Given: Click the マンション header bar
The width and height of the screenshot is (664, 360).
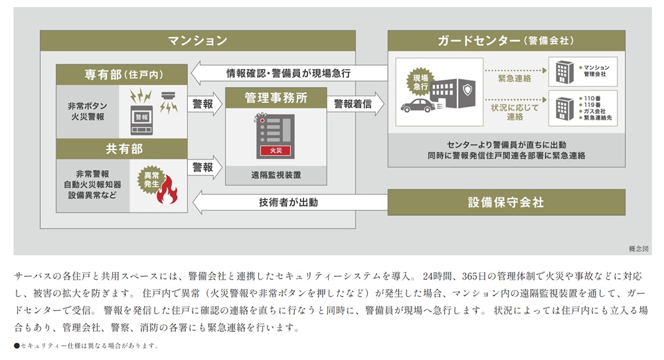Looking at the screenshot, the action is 198,41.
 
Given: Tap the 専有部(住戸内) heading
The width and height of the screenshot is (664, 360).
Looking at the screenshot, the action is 124,74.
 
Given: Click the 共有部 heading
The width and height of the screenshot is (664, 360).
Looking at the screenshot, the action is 124,149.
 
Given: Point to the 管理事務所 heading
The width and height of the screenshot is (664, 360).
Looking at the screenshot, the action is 276,98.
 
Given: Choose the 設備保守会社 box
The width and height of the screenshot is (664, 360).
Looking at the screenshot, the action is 507,202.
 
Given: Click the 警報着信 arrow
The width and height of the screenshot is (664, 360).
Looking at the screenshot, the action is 355,104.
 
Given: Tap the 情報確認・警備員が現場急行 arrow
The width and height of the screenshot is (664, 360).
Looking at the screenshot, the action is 290,73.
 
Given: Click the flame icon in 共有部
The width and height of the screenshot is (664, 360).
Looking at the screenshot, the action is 167,189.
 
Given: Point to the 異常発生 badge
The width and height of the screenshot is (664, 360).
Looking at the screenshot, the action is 151,179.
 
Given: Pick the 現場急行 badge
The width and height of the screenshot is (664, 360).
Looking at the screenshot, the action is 420,82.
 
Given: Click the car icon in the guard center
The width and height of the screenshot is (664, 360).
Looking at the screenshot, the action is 418,106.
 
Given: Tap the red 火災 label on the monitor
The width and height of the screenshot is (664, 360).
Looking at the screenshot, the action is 276,150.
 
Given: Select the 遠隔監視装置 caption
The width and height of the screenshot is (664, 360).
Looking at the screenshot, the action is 276,175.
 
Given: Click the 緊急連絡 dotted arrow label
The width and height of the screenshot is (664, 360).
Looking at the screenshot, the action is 514,78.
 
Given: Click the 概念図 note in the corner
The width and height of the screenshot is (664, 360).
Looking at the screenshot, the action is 638,248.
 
